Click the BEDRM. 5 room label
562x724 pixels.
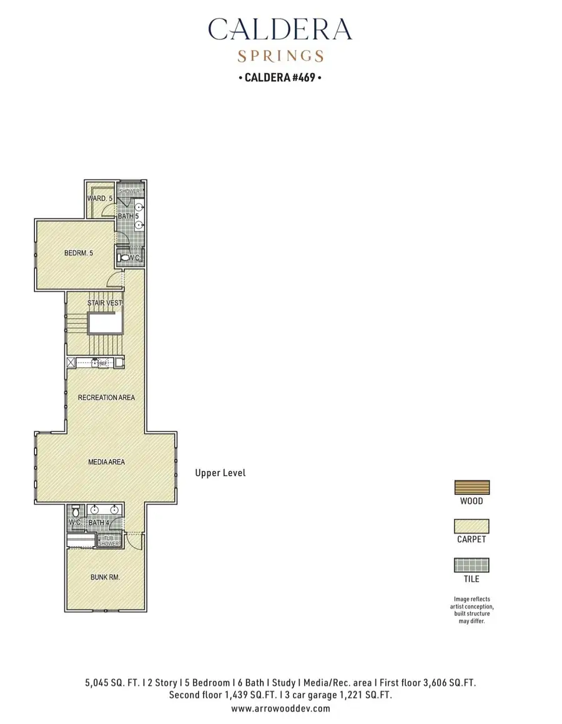click(79, 253)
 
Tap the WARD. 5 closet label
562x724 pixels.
click(100, 198)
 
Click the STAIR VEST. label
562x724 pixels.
click(105, 303)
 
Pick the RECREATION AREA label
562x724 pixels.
click(106, 398)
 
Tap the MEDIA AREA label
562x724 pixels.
click(106, 462)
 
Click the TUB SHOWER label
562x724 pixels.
click(108, 541)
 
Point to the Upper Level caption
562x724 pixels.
click(220, 473)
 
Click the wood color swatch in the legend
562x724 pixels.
click(471, 487)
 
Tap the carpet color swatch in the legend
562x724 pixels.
click(471, 526)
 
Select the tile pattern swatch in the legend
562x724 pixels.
click(471, 565)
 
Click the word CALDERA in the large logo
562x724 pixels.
click(280, 29)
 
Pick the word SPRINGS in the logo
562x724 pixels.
click(280, 56)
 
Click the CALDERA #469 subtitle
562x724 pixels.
click(280, 78)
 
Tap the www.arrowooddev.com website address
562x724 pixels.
click(280, 708)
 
